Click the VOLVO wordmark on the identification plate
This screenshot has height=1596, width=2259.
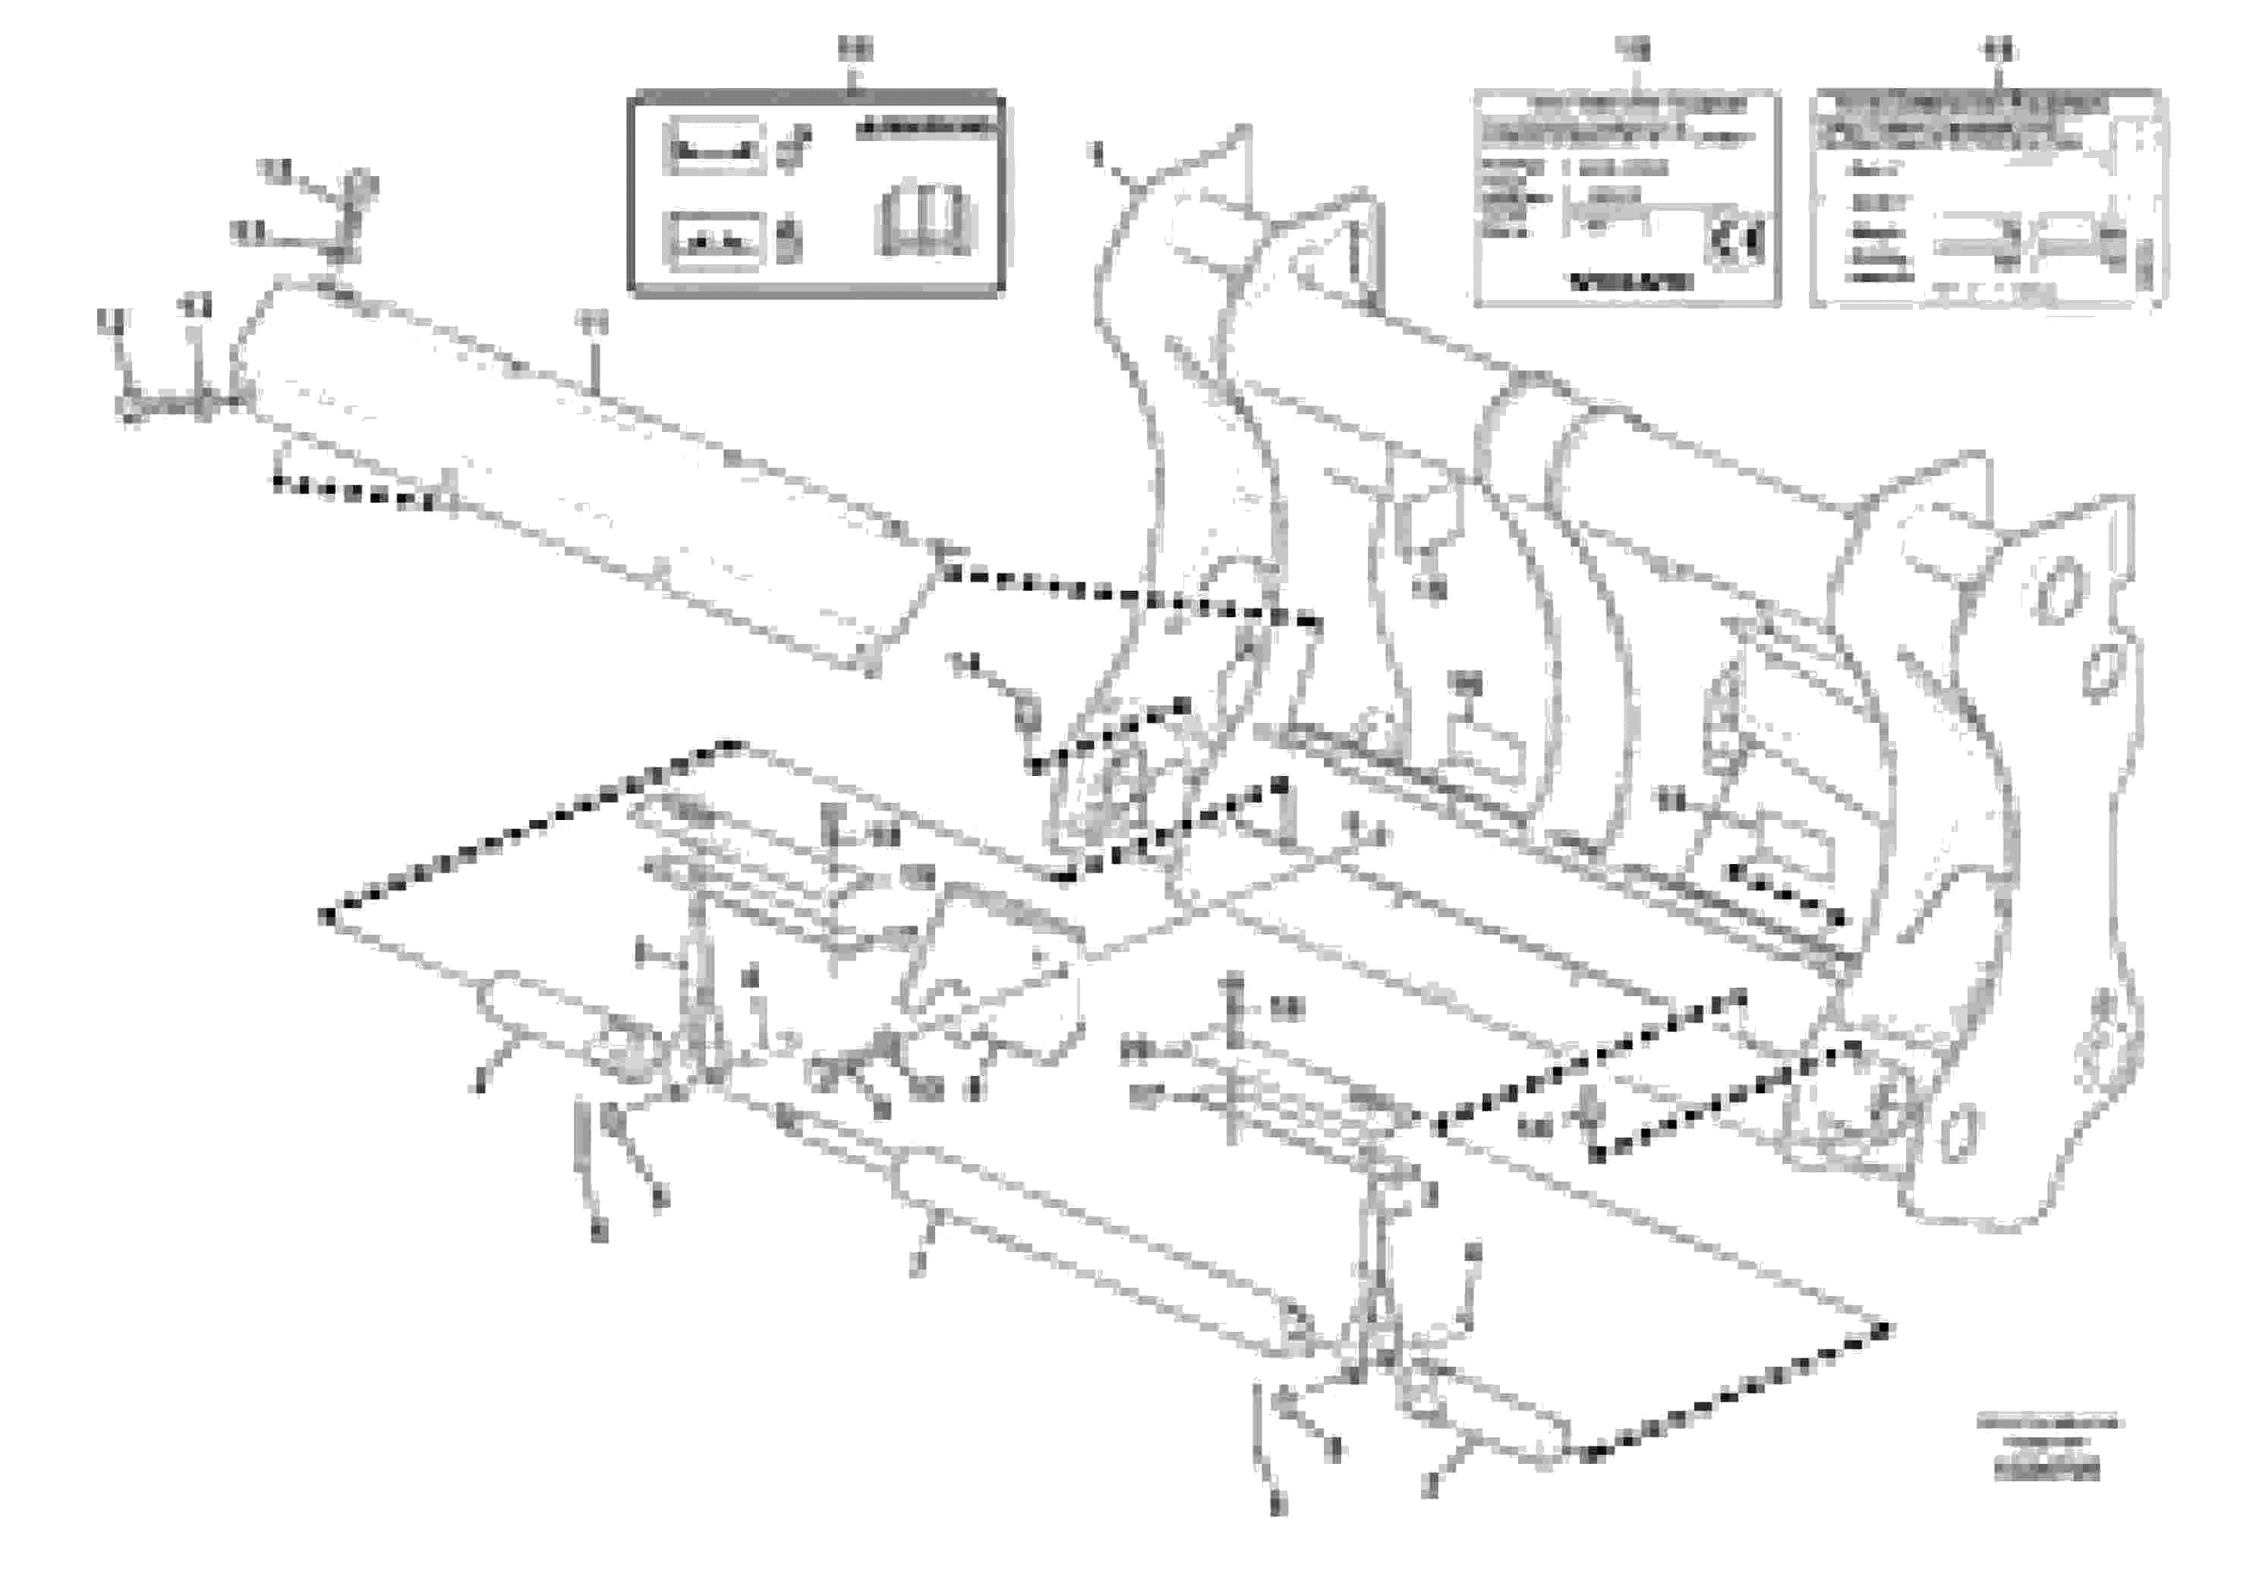coord(1631,282)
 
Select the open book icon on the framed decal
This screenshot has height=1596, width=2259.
coord(924,219)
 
